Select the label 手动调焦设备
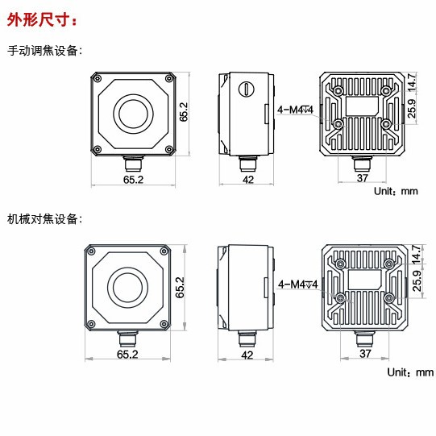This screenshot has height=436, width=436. click(x=44, y=51)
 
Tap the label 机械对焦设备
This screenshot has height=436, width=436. click(x=44, y=218)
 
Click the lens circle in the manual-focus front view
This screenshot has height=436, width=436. click(x=133, y=114)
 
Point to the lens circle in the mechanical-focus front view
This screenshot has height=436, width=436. click(x=128, y=286)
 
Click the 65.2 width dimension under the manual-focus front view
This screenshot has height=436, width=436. click(x=133, y=180)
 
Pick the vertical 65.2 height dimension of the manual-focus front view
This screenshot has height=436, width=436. click(x=185, y=112)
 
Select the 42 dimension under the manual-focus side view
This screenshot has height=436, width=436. click(x=248, y=180)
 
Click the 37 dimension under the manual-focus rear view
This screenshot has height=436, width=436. click(x=362, y=178)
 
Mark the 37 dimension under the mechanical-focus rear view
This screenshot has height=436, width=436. click(x=364, y=353)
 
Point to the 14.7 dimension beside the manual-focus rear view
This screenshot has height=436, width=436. click(x=411, y=81)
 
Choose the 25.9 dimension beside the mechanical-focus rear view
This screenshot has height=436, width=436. click(x=416, y=282)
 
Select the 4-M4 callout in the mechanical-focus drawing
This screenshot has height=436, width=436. click(x=298, y=284)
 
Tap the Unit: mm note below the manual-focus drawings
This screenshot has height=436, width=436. click(x=397, y=192)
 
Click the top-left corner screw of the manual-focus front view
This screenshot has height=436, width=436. click(x=98, y=78)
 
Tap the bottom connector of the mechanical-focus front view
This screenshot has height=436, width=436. click(x=128, y=337)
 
